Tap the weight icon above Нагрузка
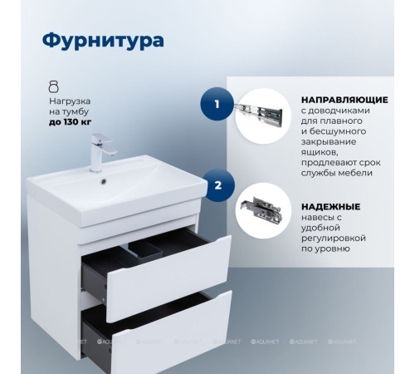pos(55,86)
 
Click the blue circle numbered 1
pos(217,106)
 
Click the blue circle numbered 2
pos(217,186)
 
